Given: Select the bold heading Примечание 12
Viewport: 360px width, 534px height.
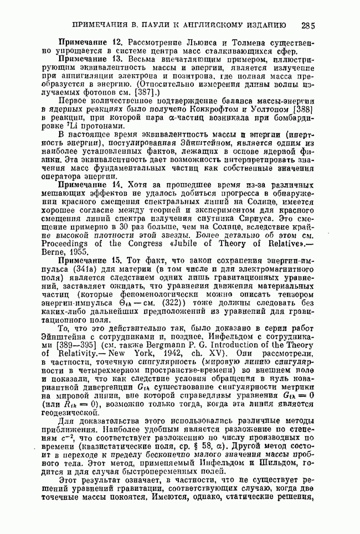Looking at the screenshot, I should click(90, 43).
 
